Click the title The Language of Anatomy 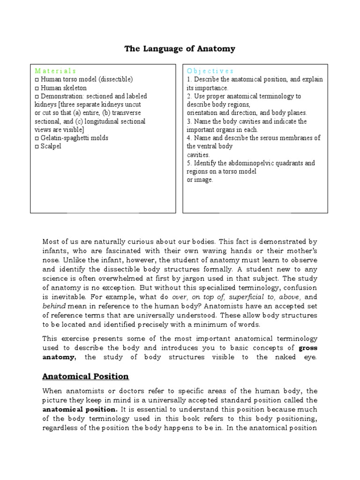click(180, 49)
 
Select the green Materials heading click(55, 71)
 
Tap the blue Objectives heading click(210, 71)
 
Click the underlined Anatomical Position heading click(86, 376)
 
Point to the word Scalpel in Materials click(51, 146)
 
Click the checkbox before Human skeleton click(37, 88)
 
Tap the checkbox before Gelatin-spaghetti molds click(37, 138)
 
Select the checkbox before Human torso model click(37, 79)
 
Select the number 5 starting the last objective click(188, 163)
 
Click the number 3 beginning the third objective click(188, 121)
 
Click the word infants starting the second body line click(54, 251)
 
